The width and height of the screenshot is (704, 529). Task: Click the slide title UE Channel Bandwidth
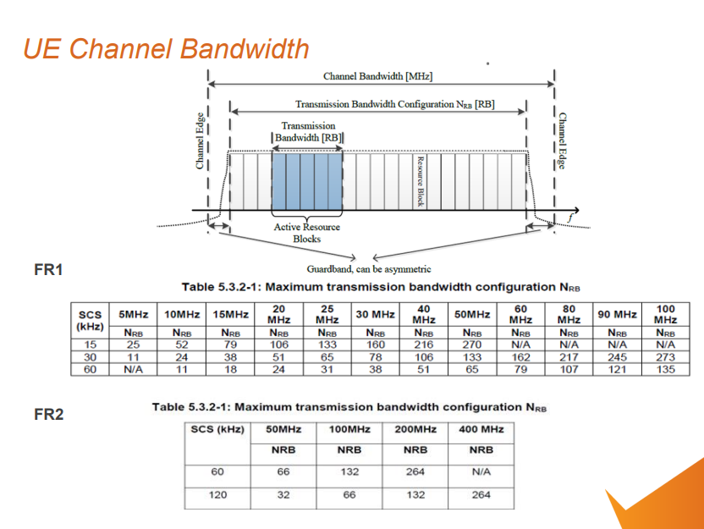click(166, 48)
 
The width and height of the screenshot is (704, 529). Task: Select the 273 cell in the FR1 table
click(665, 357)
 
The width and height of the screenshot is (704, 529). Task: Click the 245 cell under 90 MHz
click(616, 357)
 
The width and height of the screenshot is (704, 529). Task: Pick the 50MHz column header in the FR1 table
click(471, 314)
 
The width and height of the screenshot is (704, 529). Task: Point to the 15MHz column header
click(230, 314)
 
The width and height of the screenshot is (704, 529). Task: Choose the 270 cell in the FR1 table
click(471, 344)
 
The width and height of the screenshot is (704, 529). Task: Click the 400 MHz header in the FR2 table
click(481, 429)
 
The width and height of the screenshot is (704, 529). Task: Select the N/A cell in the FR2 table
click(481, 471)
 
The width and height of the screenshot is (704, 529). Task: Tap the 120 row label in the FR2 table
click(217, 494)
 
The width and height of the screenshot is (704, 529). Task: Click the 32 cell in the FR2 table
click(283, 494)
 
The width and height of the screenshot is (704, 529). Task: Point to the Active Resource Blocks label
click(306, 233)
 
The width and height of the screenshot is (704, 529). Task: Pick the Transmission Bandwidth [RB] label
click(308, 131)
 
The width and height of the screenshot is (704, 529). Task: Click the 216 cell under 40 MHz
click(423, 344)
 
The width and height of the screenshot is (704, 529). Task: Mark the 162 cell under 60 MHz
click(520, 357)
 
